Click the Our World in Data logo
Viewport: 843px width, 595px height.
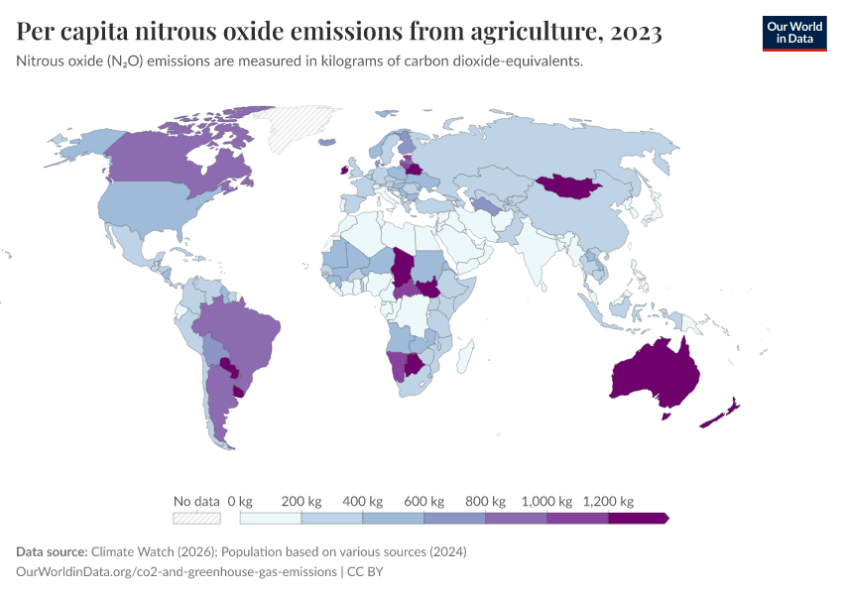coord(794,34)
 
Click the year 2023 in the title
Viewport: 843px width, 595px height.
coord(636,31)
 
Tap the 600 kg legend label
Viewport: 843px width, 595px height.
coord(423,502)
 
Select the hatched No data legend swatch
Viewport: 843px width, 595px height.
coord(196,518)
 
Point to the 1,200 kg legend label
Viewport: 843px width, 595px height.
coord(608,502)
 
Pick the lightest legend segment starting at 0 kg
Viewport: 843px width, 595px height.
coord(271,518)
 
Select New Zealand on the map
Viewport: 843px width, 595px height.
coord(720,415)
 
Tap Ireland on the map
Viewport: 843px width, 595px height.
coord(343,171)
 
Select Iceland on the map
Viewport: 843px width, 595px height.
coord(327,142)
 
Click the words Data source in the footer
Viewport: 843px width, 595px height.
coord(52,551)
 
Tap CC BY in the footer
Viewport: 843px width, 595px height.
coord(365,571)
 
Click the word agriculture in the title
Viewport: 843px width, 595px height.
coord(534,31)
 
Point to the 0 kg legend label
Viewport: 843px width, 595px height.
coord(240,502)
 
